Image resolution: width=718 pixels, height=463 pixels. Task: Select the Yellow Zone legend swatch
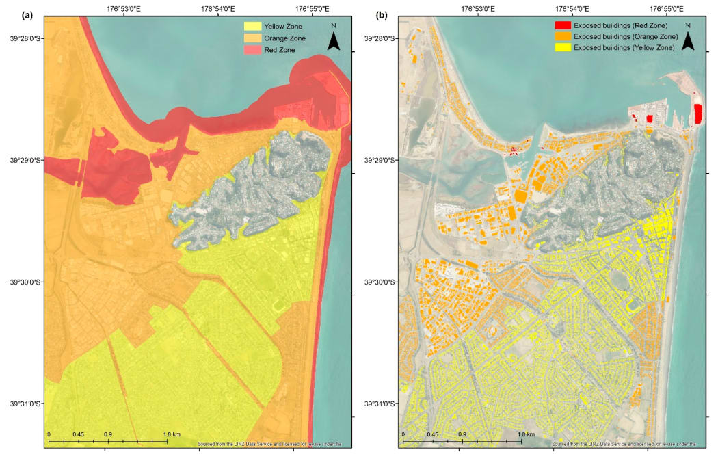point(252,26)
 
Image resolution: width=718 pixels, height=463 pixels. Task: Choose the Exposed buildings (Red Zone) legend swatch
point(562,25)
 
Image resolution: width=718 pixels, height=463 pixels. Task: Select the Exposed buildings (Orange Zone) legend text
point(626,36)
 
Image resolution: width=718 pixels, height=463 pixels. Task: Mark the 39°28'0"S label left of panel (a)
point(26,38)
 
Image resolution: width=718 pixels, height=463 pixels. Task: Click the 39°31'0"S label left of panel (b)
point(382,404)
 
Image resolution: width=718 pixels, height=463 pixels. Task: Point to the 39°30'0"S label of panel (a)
point(26,282)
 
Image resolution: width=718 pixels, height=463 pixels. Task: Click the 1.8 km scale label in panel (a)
point(171,434)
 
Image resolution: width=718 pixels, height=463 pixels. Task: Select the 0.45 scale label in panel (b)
point(432,434)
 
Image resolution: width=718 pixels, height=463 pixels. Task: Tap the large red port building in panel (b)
point(698,114)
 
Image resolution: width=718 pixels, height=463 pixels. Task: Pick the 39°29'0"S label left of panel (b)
point(382,160)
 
